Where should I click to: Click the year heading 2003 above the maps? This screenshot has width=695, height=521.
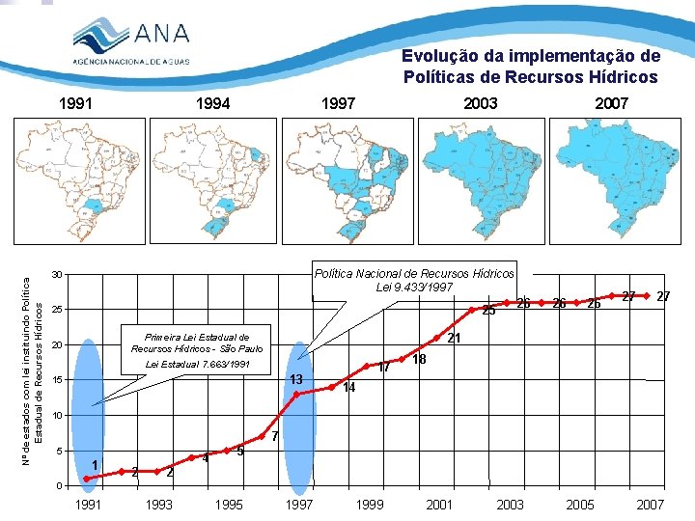(480, 103)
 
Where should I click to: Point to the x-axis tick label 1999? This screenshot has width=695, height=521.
(370, 505)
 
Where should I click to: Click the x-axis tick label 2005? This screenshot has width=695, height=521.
(580, 505)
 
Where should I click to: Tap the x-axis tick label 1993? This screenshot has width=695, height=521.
(159, 505)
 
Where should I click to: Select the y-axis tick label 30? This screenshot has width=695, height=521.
(57, 276)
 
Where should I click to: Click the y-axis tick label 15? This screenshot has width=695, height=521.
(57, 380)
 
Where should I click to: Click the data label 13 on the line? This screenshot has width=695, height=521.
(297, 378)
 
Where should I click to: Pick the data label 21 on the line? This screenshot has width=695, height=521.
(455, 338)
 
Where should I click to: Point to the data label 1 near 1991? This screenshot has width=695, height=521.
(95, 466)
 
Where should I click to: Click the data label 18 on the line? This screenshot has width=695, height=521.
(419, 360)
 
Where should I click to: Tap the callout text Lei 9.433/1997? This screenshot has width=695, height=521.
(415, 287)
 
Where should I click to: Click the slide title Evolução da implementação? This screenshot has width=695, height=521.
(531, 66)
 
